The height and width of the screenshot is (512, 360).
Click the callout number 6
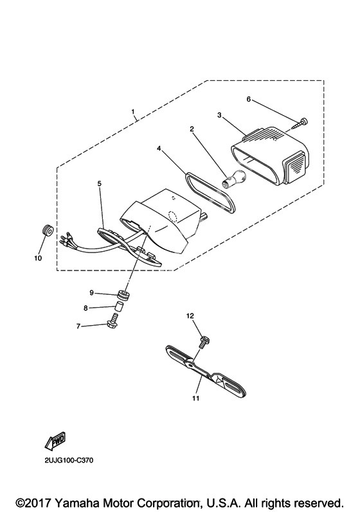point(249,99)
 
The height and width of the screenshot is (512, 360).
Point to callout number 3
point(219,115)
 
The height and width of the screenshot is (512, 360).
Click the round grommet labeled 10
point(48,231)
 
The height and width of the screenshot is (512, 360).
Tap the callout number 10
point(38,258)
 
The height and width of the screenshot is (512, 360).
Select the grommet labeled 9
point(124,294)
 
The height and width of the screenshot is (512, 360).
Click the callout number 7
point(78,326)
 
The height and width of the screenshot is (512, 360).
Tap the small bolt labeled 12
point(204,342)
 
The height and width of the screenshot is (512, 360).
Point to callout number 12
point(190,316)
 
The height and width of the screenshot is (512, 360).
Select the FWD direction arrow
point(56,440)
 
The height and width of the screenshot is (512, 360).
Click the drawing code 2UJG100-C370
point(69,461)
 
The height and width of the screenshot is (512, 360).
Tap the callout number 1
point(133,112)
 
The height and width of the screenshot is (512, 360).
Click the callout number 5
point(99,184)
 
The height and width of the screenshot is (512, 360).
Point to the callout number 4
point(159,148)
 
